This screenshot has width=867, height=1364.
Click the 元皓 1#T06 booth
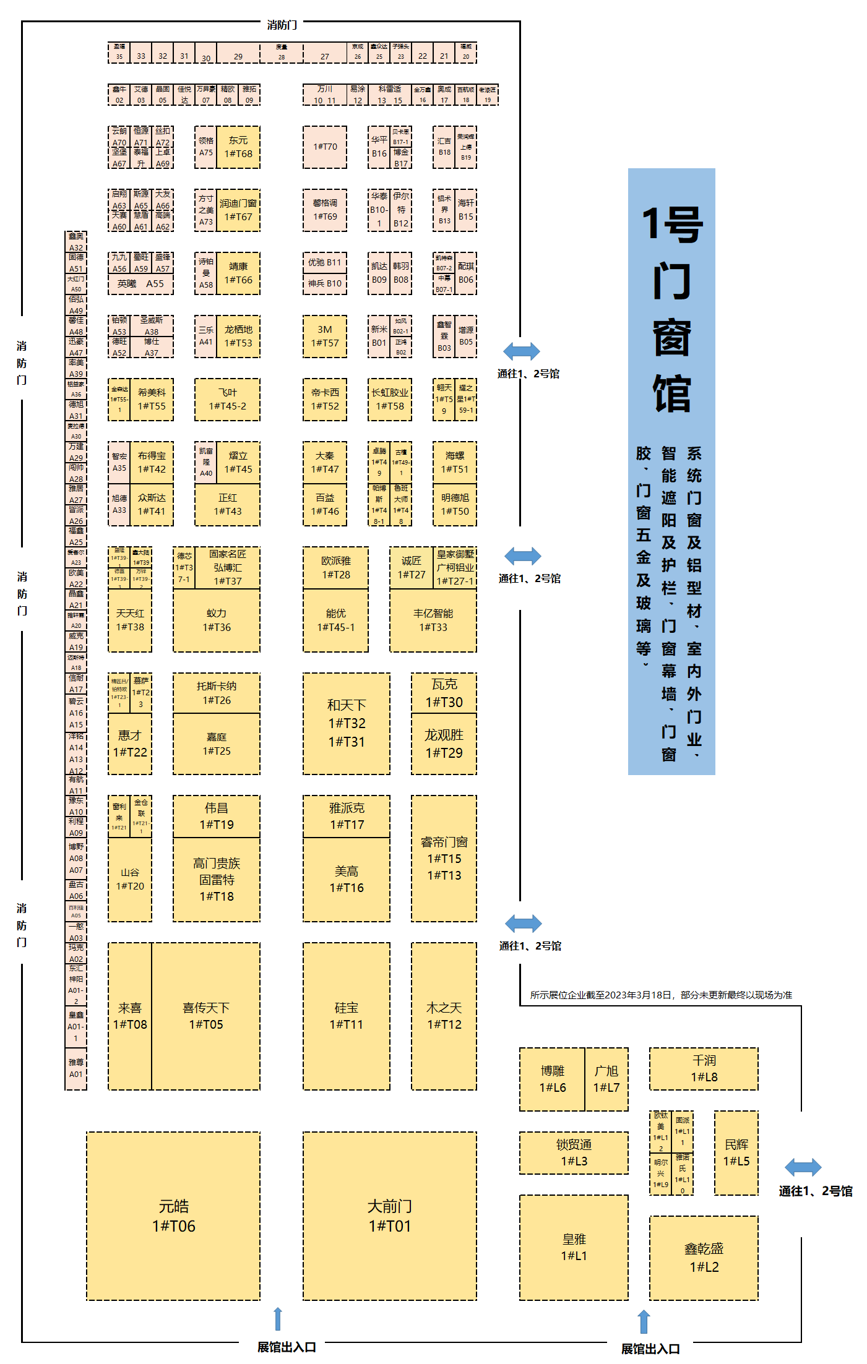(x=173, y=1216)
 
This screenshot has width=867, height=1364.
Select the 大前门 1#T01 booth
(x=390, y=1216)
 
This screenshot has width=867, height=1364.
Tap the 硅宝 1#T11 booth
(x=347, y=1016)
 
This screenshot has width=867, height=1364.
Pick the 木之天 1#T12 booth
(x=444, y=1016)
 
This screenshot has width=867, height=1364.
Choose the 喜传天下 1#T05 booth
(x=206, y=1016)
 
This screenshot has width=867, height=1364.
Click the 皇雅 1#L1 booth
(x=574, y=1247)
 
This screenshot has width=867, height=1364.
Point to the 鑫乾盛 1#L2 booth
(x=704, y=1258)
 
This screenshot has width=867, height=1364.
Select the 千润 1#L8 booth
(x=704, y=1068)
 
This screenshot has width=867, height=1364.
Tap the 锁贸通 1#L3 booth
(x=574, y=1152)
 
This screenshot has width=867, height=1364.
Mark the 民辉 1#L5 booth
(x=736, y=1152)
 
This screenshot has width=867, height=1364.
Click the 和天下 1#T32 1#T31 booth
(x=347, y=723)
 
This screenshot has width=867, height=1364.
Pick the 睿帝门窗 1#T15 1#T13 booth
(x=444, y=858)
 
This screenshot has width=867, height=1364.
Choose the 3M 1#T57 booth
(x=325, y=337)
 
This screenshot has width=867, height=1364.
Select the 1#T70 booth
(x=325, y=147)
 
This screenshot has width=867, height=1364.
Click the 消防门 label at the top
(x=282, y=25)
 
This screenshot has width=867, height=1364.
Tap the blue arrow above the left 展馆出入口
(x=278, y=1319)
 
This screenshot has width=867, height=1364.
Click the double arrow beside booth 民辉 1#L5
(x=803, y=1167)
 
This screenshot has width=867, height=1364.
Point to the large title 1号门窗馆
(x=672, y=309)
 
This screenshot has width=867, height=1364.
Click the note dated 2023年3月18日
(x=660, y=995)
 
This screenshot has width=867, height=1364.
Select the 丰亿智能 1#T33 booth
(x=433, y=620)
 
